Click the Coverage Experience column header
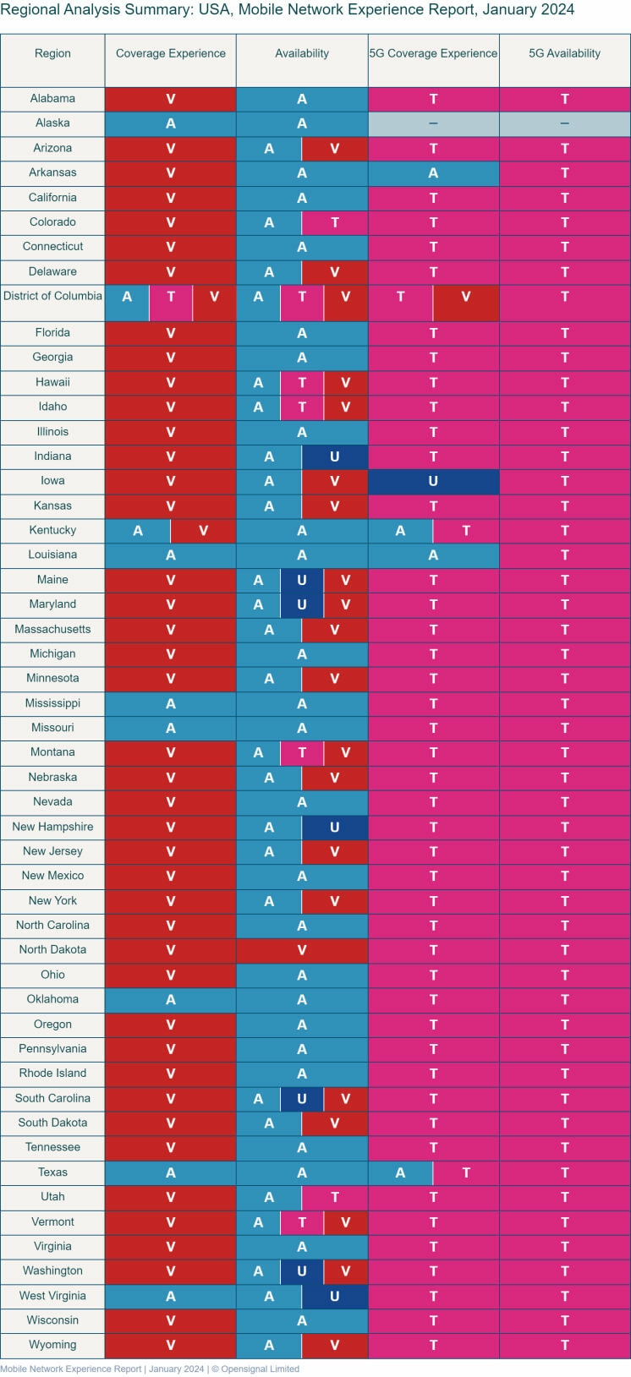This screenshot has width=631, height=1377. pyautogui.click(x=170, y=53)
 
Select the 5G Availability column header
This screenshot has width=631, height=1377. pyautogui.click(x=564, y=53)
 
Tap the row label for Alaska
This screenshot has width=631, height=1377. pyautogui.click(x=52, y=123)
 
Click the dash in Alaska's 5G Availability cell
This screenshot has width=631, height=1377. pyautogui.click(x=564, y=123)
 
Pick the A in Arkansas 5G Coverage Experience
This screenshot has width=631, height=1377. pyautogui.click(x=433, y=173)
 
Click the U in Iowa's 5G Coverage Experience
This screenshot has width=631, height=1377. pyautogui.click(x=433, y=481)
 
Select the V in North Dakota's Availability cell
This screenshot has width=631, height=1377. pyautogui.click(x=302, y=950)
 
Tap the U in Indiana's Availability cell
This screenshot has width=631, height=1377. pyautogui.click(x=334, y=456)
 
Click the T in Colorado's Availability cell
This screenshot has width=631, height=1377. pyautogui.click(x=335, y=222)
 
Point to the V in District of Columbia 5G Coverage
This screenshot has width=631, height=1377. pyautogui.click(x=465, y=297)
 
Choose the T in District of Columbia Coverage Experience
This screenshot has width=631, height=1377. pyautogui.click(x=171, y=297)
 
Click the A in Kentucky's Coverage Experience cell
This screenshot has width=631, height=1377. pyautogui.click(x=138, y=531)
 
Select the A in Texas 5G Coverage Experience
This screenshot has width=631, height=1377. pyautogui.click(x=400, y=1172)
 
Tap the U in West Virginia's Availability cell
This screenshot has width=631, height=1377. pyautogui.click(x=334, y=1296)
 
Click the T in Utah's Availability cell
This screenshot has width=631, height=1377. pyautogui.click(x=335, y=1197)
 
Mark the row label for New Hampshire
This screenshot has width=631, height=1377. pyautogui.click(x=52, y=827)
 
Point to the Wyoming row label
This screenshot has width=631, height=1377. pyautogui.click(x=52, y=1345)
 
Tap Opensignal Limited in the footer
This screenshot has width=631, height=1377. pyautogui.click(x=260, y=1369)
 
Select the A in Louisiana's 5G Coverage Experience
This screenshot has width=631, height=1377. pyautogui.click(x=433, y=555)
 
